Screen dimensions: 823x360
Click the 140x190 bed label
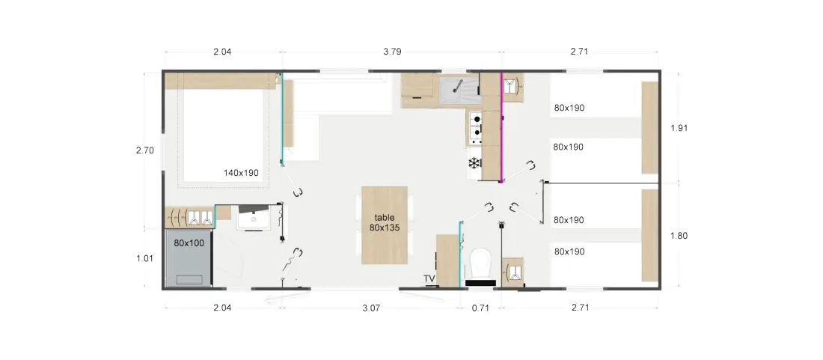point(241,173)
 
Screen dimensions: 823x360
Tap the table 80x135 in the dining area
point(385,225)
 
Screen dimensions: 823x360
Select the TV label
point(429,278)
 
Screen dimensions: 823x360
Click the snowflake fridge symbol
point(474,163)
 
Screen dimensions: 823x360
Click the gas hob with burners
point(476,128)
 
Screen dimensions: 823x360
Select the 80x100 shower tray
point(189,258)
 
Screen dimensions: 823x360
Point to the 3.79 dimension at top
point(392,52)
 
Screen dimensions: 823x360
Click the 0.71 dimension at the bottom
point(480,308)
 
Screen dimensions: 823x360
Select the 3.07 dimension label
point(370,308)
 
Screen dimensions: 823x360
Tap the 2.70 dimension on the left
point(145,150)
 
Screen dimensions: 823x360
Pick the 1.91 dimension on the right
point(679,127)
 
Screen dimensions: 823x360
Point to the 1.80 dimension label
point(679,236)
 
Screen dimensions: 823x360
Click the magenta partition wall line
point(502,127)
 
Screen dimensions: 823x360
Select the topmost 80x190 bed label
point(569,108)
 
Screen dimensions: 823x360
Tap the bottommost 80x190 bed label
point(569,252)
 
